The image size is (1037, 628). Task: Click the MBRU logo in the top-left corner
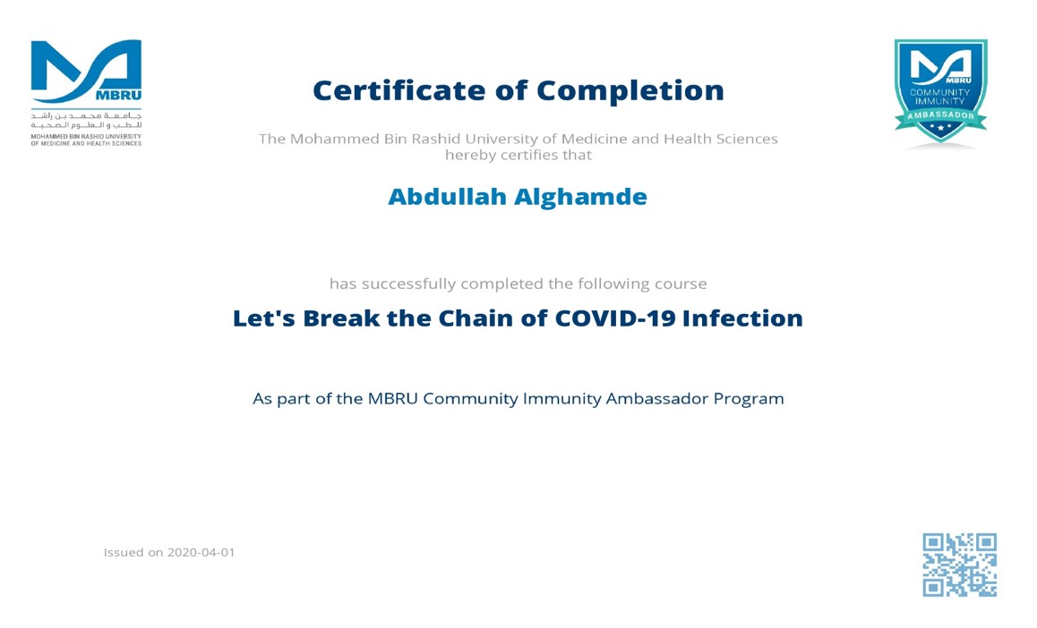tap(86, 92)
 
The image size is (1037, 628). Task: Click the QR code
tap(960, 564)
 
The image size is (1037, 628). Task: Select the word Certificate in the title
tap(399, 90)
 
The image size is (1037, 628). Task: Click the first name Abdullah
tap(447, 197)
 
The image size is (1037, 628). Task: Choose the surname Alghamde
tap(580, 198)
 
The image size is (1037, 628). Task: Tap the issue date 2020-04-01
tap(201, 552)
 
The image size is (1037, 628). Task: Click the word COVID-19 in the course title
tap(615, 318)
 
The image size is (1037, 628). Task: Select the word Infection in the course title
tap(742, 318)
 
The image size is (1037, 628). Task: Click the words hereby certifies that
tap(518, 156)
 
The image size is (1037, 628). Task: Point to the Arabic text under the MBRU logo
tap(87, 120)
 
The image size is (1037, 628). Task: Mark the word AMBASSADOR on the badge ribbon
tap(940, 115)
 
